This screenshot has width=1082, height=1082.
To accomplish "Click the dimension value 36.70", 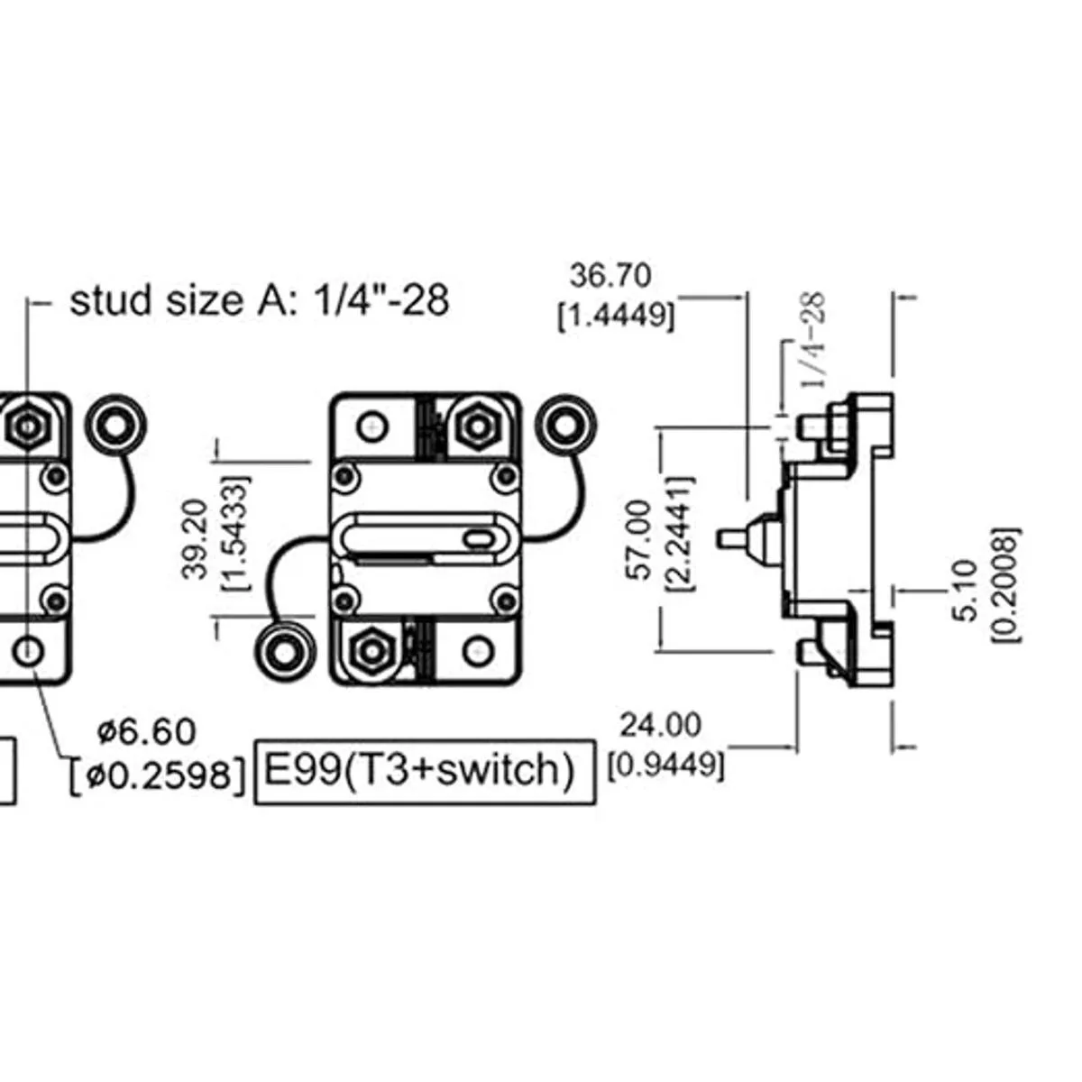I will coord(610,275).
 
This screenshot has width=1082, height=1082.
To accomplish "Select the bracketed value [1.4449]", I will coord(616,315).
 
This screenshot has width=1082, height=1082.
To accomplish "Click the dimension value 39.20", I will coord(196,539).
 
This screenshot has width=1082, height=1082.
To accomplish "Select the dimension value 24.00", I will coord(660,724).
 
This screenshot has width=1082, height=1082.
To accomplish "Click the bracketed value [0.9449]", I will coord(665,766).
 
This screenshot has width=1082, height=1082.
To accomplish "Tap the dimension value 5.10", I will coord(964,591).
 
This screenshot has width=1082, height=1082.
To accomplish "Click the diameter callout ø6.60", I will coord(146,731).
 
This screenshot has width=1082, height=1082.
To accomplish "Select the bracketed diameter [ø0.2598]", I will coord(158,775).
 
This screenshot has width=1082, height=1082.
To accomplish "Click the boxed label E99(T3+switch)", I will coord(426,772).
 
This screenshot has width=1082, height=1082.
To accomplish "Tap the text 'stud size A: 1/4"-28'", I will coord(259,300).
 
